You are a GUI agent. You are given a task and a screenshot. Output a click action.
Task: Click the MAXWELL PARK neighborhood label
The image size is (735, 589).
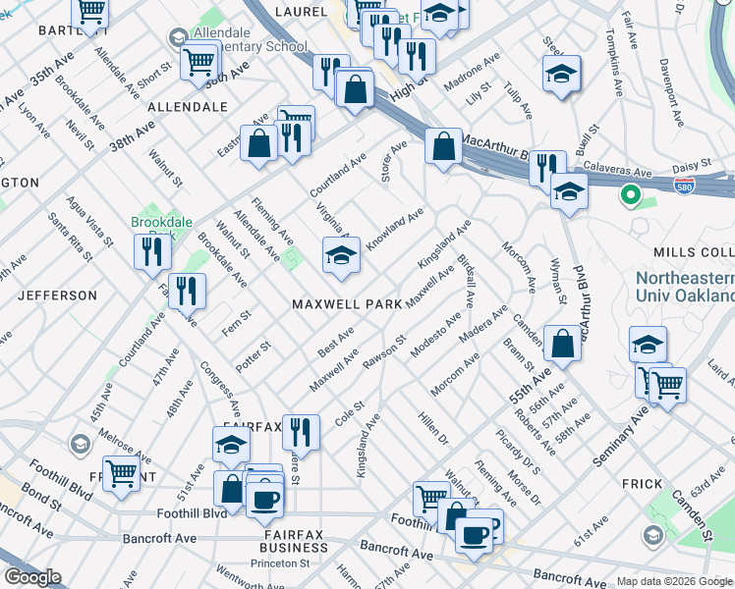(x=347, y=304)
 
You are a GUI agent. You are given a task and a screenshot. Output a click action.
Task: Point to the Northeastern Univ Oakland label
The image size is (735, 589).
(x=685, y=287)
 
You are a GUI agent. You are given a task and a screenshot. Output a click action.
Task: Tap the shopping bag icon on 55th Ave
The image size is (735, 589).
(x=562, y=345)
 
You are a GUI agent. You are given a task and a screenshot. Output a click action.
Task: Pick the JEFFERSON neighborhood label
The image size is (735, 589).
(x=55, y=294)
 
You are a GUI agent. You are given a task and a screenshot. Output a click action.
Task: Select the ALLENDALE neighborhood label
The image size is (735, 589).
(x=187, y=106)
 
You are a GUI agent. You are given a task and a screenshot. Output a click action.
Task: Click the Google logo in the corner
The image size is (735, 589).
(x=31, y=577)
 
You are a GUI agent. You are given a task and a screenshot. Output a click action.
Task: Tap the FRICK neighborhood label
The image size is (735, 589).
(x=643, y=484)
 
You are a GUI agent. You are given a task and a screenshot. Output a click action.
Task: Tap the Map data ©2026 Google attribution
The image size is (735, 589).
(x=673, y=581)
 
